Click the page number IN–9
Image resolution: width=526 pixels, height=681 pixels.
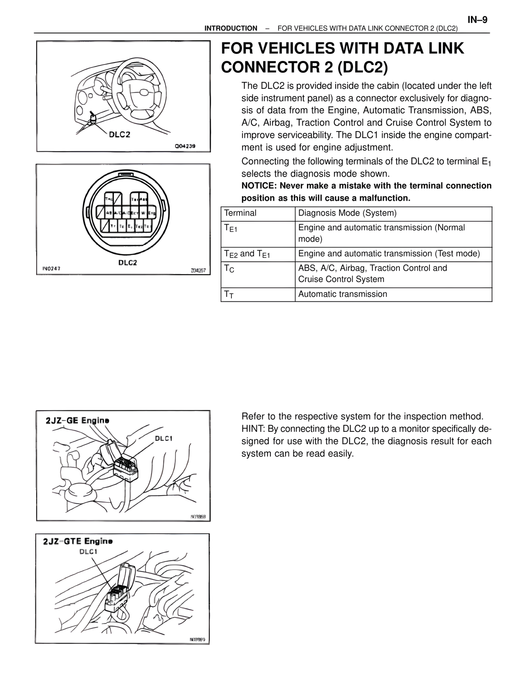click(x=477, y=20)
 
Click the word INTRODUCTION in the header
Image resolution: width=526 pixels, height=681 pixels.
click(x=231, y=28)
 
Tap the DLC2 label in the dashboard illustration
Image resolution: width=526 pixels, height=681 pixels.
click(x=119, y=134)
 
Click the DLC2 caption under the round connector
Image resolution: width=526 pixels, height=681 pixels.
click(x=127, y=263)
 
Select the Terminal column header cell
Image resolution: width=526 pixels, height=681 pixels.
click(x=258, y=213)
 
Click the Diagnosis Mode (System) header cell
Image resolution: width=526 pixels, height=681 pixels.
click(x=393, y=213)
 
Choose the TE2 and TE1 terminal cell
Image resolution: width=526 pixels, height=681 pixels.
click(x=258, y=254)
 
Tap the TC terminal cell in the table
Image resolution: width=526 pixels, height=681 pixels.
click(x=258, y=274)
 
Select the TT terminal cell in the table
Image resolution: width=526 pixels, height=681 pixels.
click(x=258, y=294)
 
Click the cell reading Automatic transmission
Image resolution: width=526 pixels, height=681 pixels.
click(x=393, y=294)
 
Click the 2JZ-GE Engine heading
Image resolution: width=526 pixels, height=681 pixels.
click(x=78, y=421)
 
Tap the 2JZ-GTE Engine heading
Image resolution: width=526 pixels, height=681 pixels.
click(x=78, y=541)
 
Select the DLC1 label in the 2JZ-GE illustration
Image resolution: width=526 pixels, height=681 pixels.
click(x=164, y=438)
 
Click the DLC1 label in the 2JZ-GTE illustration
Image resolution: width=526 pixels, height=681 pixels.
click(x=88, y=551)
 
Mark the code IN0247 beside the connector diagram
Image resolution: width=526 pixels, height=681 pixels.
click(x=51, y=269)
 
